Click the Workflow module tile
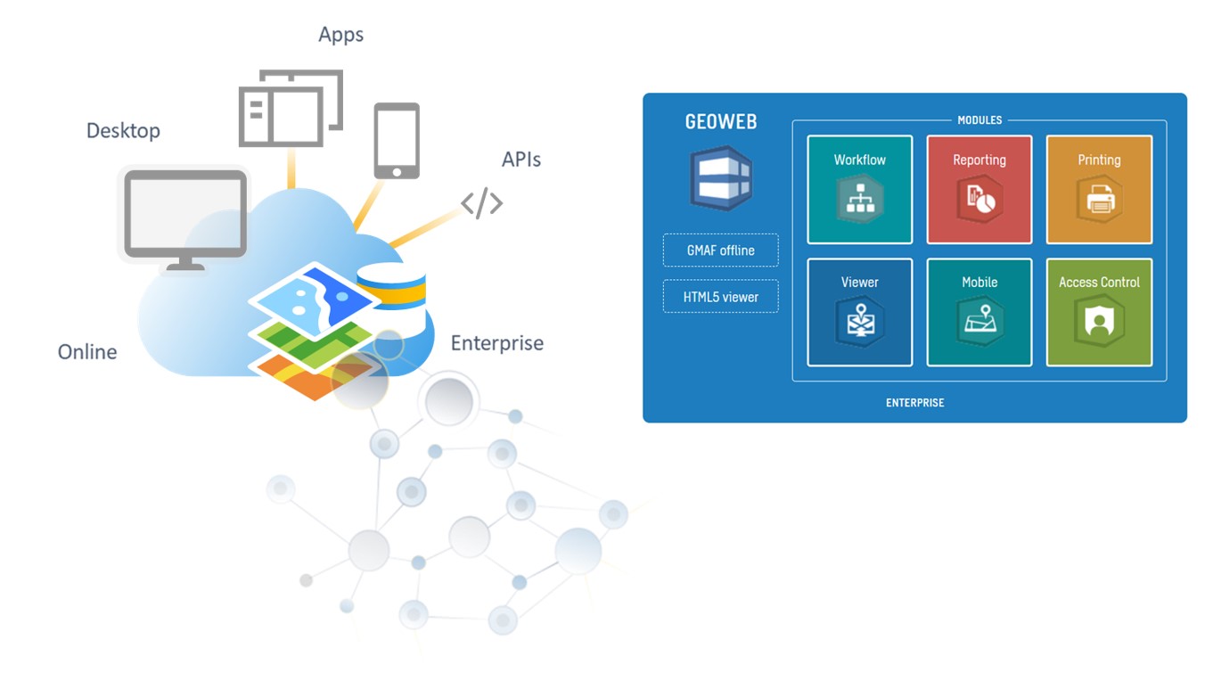click(859, 190)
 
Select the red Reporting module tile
click(979, 190)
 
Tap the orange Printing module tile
click(1099, 190)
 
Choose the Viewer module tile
click(859, 312)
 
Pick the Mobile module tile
click(979, 312)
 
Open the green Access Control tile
click(1099, 312)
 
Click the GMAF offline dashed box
click(721, 250)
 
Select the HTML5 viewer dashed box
click(721, 296)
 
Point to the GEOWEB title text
click(721, 122)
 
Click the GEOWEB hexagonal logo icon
click(721, 177)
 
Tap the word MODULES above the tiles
click(979, 120)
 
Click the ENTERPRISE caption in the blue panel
click(914, 403)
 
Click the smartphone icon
click(397, 141)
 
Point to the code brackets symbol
click(481, 203)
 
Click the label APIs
click(521, 160)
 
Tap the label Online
click(87, 352)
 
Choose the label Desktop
click(124, 131)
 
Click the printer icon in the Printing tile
click(1100, 200)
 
